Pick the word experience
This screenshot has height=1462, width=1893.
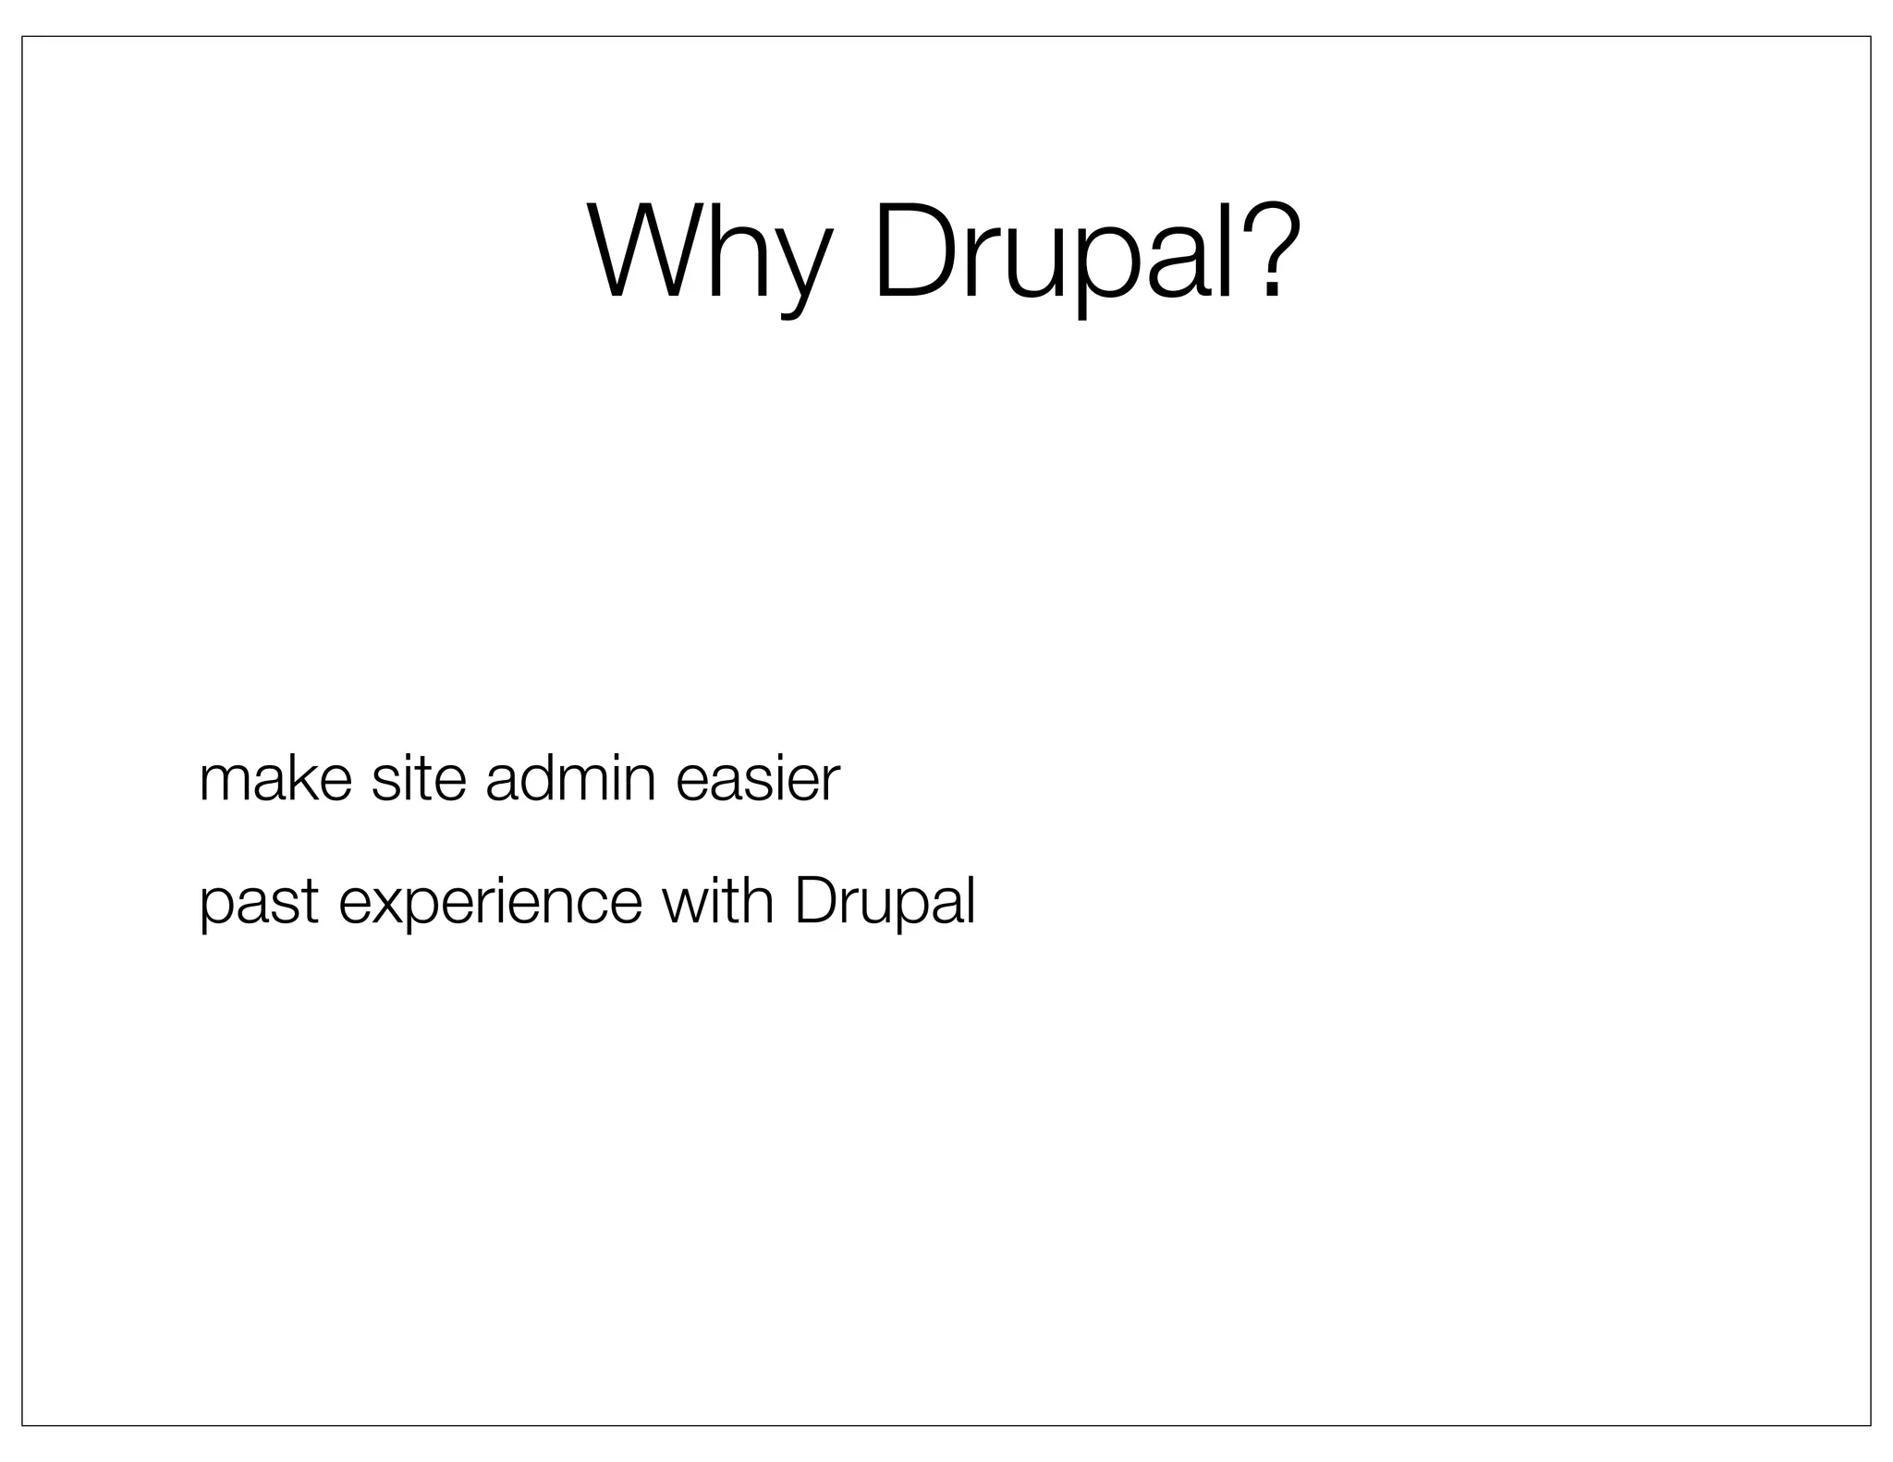(x=490, y=904)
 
